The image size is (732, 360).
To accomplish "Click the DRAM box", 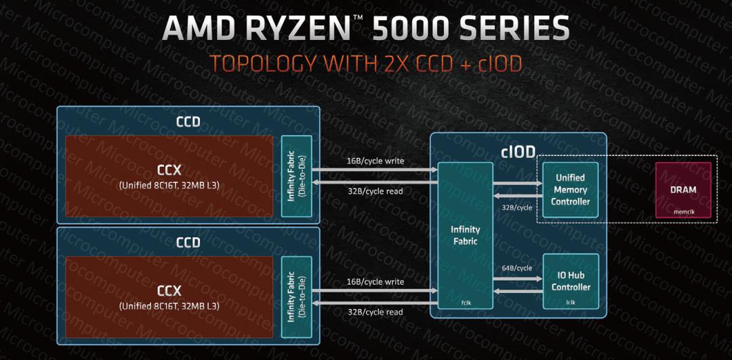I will [x=683, y=191].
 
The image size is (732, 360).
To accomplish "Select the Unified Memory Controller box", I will [x=570, y=190].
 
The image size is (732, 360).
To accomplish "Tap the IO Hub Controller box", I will [x=570, y=281].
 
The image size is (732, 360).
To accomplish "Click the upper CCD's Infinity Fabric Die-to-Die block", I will [x=296, y=176].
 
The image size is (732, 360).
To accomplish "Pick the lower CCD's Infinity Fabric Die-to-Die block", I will [x=296, y=297].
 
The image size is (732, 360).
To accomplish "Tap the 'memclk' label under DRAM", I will [x=683, y=211].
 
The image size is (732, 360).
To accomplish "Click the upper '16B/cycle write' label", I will [x=374, y=161].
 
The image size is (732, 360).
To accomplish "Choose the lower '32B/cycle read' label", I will [x=374, y=312].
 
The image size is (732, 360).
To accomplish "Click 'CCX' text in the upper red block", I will [x=169, y=169].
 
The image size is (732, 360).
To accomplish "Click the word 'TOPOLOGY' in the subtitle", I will [x=262, y=63].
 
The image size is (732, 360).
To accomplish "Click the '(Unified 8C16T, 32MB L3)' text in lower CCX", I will [x=169, y=306].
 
